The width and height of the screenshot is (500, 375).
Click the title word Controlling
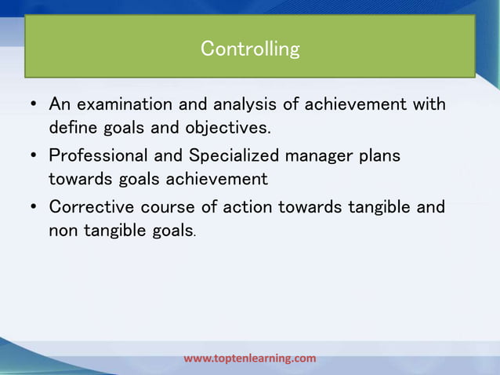[250, 49]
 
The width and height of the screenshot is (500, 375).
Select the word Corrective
[92, 207]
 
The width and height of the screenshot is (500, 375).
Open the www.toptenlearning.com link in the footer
[250, 359]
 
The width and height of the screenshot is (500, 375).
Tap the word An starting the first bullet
[60, 104]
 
